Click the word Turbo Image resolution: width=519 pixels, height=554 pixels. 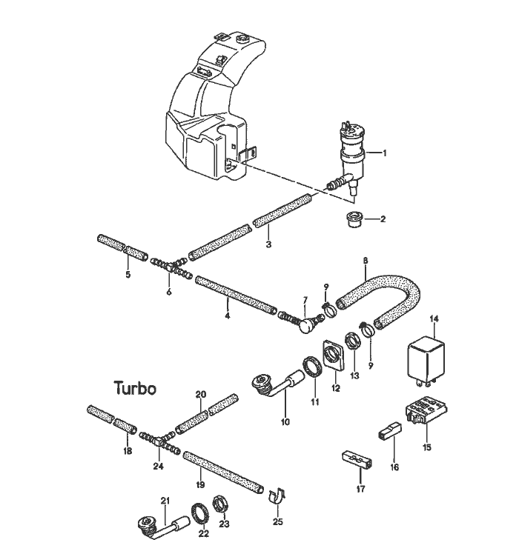tap(135, 387)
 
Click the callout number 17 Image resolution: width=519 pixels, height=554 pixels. tap(361, 489)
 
